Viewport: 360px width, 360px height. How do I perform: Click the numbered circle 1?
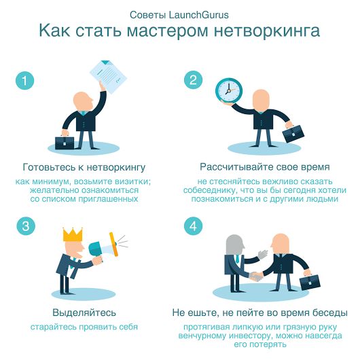(24, 81)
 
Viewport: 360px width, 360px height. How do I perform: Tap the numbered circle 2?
(193, 80)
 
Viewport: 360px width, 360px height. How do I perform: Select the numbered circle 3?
(26, 226)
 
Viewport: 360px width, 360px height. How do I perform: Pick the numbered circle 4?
(194, 226)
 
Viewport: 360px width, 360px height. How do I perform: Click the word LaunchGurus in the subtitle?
(199, 15)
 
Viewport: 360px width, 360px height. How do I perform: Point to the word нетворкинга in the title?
(267, 31)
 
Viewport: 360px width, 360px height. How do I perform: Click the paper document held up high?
(108, 77)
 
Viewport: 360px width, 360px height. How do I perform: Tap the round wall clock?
(229, 91)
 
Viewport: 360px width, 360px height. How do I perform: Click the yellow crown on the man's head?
(73, 234)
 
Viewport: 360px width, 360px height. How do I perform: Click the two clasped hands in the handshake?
(257, 276)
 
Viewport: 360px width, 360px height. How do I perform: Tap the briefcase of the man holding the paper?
(65, 143)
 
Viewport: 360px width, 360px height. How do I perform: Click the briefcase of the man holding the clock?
(293, 133)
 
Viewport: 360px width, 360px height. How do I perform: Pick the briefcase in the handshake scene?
(310, 282)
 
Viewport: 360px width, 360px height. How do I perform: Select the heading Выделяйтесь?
(84, 312)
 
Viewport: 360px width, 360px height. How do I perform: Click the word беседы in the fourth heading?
(329, 312)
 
